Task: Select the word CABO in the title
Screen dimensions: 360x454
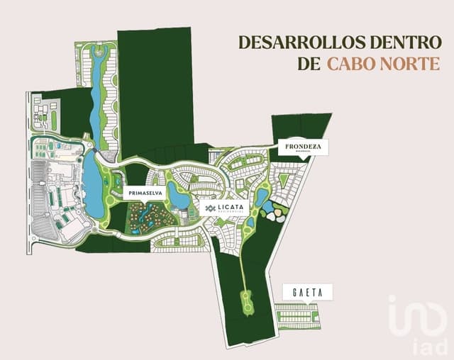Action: pyautogui.click(x=353, y=64)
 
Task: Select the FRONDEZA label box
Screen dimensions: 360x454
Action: pyautogui.click(x=303, y=147)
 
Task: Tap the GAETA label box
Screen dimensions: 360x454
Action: pyautogui.click(x=306, y=292)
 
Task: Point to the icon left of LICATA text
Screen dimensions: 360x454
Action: pyautogui.click(x=210, y=208)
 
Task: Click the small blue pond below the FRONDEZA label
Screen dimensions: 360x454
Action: pyautogui.click(x=262, y=196)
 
